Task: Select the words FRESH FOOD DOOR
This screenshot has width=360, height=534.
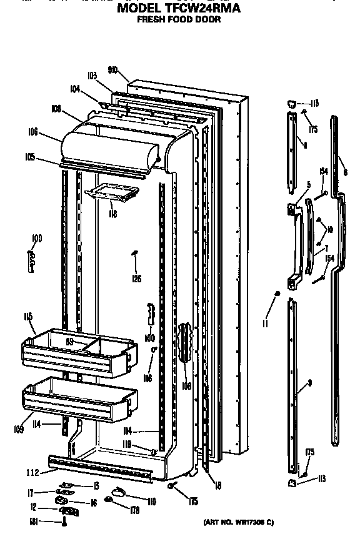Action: (179, 19)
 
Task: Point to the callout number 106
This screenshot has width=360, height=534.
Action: (33, 132)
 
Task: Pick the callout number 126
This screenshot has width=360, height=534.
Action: (136, 279)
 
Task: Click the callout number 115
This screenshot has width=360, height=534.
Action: (28, 317)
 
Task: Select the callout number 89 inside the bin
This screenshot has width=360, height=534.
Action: (71, 343)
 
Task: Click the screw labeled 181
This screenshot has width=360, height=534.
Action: (64, 518)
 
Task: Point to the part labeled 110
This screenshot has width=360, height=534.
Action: (117, 493)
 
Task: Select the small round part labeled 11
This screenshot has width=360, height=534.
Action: (276, 294)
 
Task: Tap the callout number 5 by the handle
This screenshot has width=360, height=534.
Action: (308, 184)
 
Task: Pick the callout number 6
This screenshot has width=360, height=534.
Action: (344, 171)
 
